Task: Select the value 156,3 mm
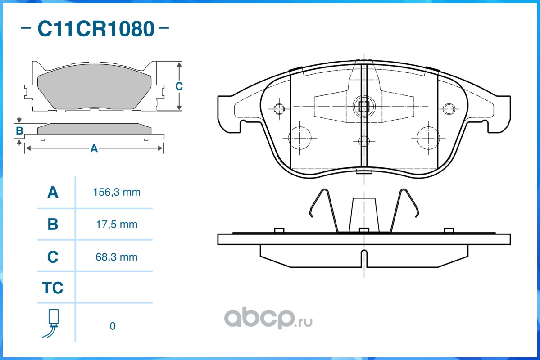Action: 117,193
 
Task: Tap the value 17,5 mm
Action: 115,224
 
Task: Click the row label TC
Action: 53,288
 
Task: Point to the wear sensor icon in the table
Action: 52,323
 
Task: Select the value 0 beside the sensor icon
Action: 113,326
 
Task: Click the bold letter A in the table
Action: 53,193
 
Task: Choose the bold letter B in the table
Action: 53,224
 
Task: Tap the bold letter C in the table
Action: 53,257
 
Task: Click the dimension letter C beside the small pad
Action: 179,86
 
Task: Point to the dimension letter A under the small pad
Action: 94,148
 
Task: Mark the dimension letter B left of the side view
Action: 19,131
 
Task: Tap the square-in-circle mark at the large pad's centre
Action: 363,107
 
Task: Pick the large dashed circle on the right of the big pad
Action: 428,138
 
